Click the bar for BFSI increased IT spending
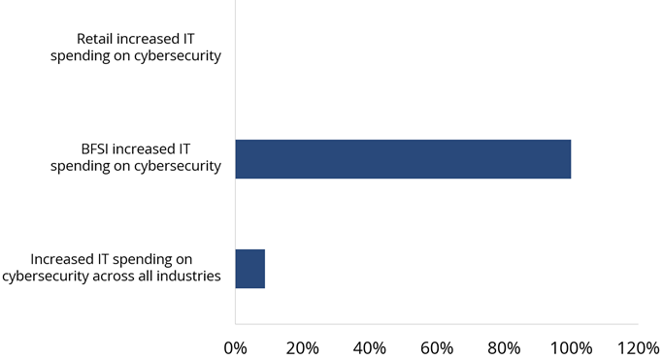403,159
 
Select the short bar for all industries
250,269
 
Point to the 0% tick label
235,346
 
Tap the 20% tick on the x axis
302,346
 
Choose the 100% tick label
571,346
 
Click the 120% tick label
637,346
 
